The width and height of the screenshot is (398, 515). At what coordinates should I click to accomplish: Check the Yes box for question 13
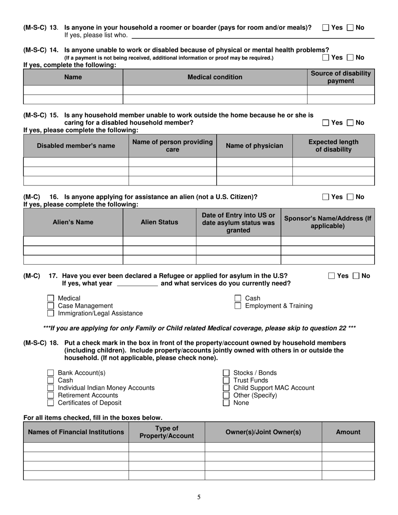(x=326, y=28)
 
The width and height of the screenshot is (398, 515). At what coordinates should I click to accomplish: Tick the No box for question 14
(x=350, y=58)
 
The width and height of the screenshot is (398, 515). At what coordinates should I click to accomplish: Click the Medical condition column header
(x=215, y=77)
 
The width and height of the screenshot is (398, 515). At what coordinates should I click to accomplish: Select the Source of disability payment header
(x=341, y=77)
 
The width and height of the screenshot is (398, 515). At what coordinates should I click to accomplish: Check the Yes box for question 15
(x=326, y=123)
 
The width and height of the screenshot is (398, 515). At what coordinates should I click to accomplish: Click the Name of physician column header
(x=254, y=146)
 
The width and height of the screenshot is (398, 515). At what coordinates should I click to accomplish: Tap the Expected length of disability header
(x=333, y=146)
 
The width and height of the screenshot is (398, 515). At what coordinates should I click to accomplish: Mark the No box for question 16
(x=350, y=197)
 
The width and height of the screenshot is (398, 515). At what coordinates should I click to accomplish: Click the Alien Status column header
(x=159, y=222)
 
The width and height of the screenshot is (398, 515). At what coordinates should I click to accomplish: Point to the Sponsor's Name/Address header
(x=328, y=222)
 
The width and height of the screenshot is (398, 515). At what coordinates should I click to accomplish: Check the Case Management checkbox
(x=51, y=306)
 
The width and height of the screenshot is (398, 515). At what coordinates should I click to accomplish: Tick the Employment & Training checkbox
(x=238, y=306)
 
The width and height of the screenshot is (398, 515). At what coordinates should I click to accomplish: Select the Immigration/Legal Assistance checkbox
(x=51, y=314)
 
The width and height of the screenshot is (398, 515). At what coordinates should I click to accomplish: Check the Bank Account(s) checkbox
(x=51, y=373)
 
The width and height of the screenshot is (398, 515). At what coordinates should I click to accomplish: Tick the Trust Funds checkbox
(x=226, y=381)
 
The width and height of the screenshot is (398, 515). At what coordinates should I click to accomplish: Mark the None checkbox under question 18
(x=226, y=403)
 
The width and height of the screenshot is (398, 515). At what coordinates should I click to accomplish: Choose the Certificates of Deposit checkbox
(x=51, y=403)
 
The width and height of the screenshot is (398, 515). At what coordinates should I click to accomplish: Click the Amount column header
(x=348, y=432)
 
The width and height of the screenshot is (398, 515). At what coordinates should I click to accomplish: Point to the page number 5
(x=199, y=497)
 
